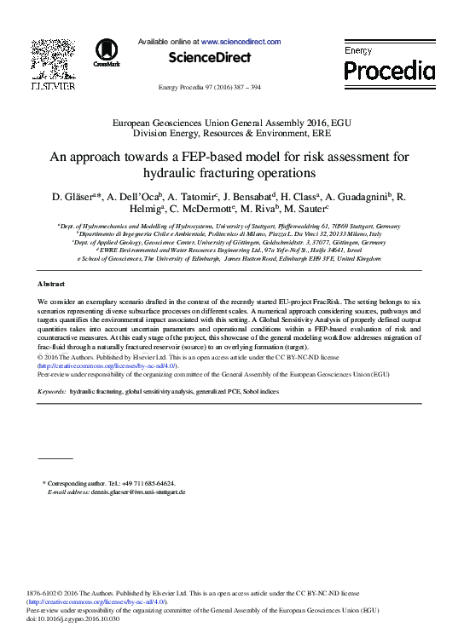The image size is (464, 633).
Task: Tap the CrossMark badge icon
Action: (107, 51)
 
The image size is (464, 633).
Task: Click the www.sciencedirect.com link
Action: (241, 40)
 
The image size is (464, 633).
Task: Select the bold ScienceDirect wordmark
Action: (210, 57)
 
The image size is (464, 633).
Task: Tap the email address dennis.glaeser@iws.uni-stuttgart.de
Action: (139, 492)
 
